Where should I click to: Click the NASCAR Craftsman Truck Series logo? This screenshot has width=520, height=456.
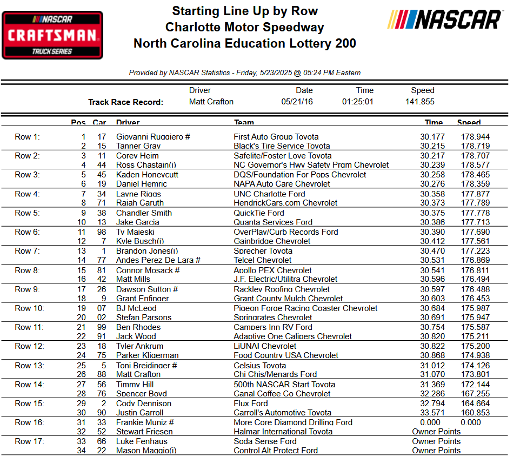tap(52, 35)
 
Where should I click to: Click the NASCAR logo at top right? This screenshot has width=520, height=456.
tap(445, 20)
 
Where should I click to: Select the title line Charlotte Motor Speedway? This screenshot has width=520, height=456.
tap(244, 27)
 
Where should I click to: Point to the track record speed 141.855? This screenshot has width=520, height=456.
tap(420, 102)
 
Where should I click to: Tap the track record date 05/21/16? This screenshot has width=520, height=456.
tap(297, 102)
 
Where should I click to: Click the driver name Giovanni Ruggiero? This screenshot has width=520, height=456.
tap(153, 137)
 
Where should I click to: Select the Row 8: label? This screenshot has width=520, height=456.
tap(27, 270)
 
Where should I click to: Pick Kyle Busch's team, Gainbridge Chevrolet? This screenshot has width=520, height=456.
tap(272, 241)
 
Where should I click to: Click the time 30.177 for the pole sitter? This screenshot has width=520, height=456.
tap(433, 137)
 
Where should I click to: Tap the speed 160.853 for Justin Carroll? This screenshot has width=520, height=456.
tap(475, 413)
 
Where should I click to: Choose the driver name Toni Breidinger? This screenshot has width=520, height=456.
tap(146, 365)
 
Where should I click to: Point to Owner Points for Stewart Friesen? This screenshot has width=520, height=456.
tap(436, 432)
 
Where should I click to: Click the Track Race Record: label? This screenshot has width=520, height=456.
tap(125, 102)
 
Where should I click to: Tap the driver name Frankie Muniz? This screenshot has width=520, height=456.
tap(144, 422)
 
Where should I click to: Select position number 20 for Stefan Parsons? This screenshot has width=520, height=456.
tap(81, 318)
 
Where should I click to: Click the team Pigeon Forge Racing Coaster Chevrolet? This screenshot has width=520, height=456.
tap(305, 308)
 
